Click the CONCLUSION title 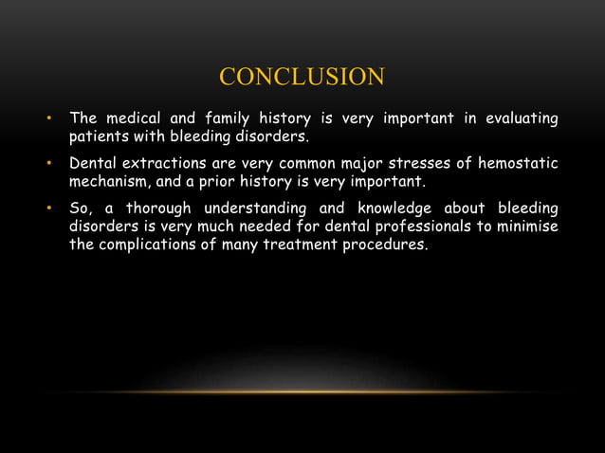pos(302,77)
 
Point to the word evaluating pos(520,118)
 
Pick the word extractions pos(162,163)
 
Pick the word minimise pos(527,226)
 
